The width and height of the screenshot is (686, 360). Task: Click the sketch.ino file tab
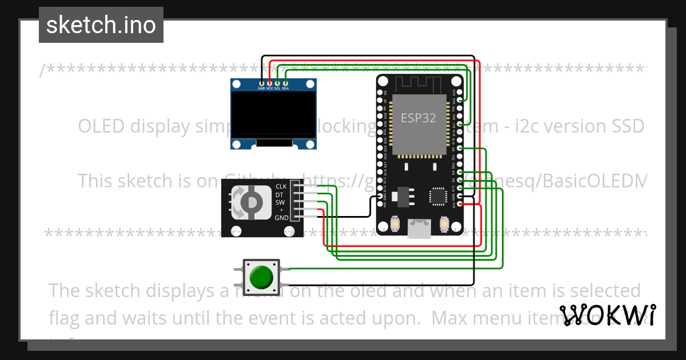pyautogui.click(x=101, y=25)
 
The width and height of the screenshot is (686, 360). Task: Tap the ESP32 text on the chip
pyautogui.click(x=418, y=118)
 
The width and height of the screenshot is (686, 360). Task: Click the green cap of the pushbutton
pyautogui.click(x=261, y=277)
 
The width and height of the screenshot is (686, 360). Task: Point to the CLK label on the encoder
pyautogui.click(x=281, y=186)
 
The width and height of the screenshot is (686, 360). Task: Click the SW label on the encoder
pyautogui.click(x=280, y=202)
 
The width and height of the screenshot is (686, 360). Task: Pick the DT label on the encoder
pyautogui.click(x=280, y=194)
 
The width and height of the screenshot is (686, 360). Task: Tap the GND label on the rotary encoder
pyautogui.click(x=281, y=218)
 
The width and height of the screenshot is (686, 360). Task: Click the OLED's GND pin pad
pyautogui.click(x=261, y=83)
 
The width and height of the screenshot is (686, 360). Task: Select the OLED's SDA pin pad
pyautogui.click(x=285, y=83)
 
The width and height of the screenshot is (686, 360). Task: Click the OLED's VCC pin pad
pyautogui.click(x=269, y=83)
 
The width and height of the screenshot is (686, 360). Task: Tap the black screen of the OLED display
pyautogui.click(x=273, y=114)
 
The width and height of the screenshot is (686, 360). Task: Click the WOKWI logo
pyautogui.click(x=607, y=315)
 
